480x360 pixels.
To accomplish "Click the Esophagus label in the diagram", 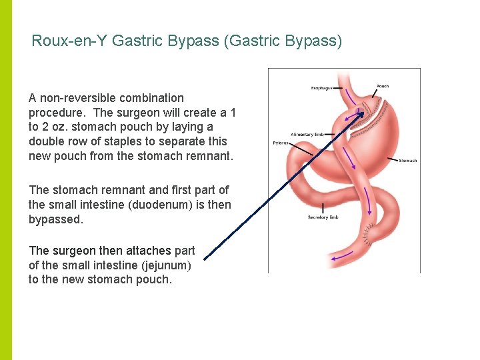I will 322,87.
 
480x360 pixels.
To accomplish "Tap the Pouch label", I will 383,86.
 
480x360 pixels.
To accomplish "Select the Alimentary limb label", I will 307,135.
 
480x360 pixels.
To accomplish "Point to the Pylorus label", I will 281,143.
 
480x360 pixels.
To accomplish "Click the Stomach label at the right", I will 407,161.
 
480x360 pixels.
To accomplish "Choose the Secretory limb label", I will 323,217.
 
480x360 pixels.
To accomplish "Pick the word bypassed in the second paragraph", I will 53,219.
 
